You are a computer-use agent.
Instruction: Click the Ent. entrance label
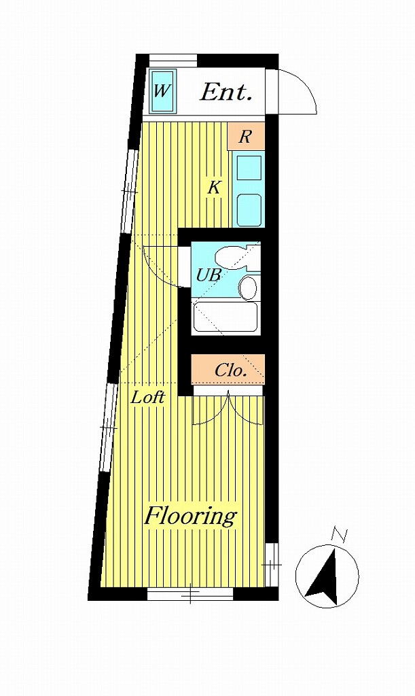click(226, 92)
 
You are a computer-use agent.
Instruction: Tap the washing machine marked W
click(163, 91)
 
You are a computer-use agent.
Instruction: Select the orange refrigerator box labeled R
click(246, 136)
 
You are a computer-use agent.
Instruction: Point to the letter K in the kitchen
click(214, 188)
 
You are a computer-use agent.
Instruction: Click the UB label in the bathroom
click(209, 275)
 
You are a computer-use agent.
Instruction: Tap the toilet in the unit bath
click(234, 258)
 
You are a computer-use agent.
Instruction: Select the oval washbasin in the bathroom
click(248, 288)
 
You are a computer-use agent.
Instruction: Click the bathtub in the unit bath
click(225, 317)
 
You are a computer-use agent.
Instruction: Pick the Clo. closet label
click(230, 370)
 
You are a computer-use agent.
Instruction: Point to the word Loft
click(148, 397)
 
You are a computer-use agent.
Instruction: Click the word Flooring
click(191, 517)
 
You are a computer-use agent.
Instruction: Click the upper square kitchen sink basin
click(249, 168)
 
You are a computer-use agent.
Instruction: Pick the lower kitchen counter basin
click(249, 209)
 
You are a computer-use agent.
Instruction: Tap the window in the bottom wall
click(190, 594)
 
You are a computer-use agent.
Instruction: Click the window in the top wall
click(173, 60)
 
